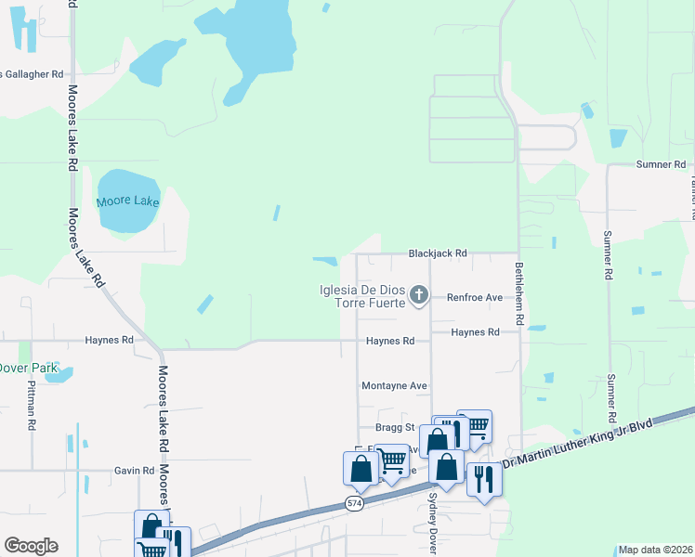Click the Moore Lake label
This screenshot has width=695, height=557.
pyautogui.click(x=128, y=201)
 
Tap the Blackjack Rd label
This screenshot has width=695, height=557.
pyautogui.click(x=438, y=253)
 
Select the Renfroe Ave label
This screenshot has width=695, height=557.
pyautogui.click(x=474, y=298)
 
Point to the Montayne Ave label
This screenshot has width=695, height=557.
pyautogui.click(x=393, y=385)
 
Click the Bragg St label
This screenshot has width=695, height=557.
pyautogui.click(x=394, y=427)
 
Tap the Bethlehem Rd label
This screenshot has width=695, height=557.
pyautogui.click(x=520, y=292)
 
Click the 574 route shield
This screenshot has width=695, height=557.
pyautogui.click(x=354, y=503)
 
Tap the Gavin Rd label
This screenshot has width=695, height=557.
pyautogui.click(x=135, y=471)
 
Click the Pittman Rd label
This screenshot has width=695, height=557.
pyautogui.click(x=31, y=406)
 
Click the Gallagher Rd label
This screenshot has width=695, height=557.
pyautogui.click(x=32, y=74)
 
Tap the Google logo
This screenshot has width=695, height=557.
pyautogui.click(x=31, y=546)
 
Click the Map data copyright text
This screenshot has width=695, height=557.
pyautogui.click(x=655, y=550)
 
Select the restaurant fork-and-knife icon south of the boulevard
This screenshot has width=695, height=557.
pyautogui.click(x=483, y=479)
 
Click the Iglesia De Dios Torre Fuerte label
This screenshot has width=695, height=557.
pyautogui.click(x=361, y=296)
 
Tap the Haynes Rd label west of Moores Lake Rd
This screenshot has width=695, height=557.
pyautogui.click(x=110, y=340)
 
